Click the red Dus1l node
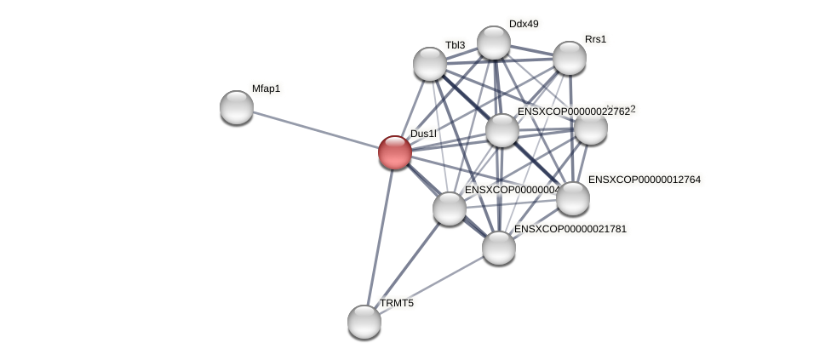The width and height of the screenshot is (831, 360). coord(394,152)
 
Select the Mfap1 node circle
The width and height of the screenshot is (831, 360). coord(237,107)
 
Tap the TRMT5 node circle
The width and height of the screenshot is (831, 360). coord(364,322)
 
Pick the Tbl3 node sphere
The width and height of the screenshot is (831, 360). coord(430,64)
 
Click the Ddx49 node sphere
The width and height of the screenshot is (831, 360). coord(494,43)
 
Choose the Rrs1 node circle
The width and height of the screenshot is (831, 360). coord(570,58)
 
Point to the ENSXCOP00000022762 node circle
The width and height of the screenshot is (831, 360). coord(502,130)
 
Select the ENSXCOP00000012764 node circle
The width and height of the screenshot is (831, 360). coord(573,198)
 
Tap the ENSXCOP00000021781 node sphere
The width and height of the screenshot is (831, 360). coord(499,248)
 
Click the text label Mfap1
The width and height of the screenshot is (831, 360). coord(266,89)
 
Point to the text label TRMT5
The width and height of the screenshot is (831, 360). coord(397,303)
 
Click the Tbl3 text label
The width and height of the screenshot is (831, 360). coord(455,45)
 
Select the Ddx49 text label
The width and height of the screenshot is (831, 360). coord(524,24)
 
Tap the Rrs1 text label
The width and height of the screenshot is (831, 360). coord(595,39)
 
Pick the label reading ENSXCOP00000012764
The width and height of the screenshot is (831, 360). coord(644,180)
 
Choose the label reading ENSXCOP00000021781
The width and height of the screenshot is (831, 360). coord(570,229)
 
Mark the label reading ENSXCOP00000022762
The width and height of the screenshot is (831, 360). coord(573,111)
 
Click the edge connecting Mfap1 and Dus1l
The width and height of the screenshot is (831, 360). coord(315,129)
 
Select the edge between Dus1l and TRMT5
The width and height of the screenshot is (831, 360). coord(380,236)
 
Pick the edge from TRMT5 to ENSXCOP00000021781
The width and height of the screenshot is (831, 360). coord(432,285)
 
